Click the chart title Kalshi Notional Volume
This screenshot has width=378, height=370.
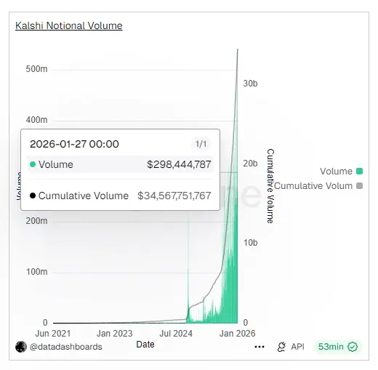coord(69,25)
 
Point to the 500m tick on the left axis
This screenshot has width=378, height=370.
coord(36,69)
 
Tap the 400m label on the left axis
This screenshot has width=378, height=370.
coord(36,120)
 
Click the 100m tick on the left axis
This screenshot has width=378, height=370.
coord(36,272)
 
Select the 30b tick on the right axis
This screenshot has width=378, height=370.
coord(250,84)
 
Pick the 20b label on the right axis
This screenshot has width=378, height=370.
coord(250,164)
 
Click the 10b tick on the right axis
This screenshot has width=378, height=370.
coord(250,242)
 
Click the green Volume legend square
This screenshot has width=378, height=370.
coord(359,172)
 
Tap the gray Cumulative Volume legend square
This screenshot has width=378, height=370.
coord(359,186)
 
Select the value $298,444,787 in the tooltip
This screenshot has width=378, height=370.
coord(179,164)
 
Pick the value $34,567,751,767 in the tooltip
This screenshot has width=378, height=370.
coord(174,196)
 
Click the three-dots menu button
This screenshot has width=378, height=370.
coord(260,347)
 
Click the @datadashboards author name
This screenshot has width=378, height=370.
coord(65,347)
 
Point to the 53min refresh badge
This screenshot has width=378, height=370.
coord(337,347)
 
